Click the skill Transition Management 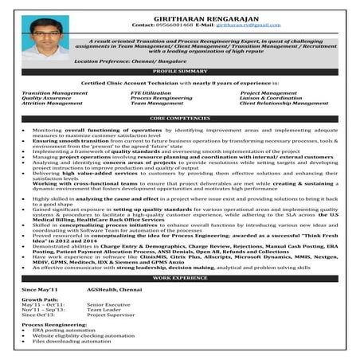click(55, 93)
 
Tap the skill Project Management click(268, 93)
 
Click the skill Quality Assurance click(46, 98)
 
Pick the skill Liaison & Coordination click(272, 98)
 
